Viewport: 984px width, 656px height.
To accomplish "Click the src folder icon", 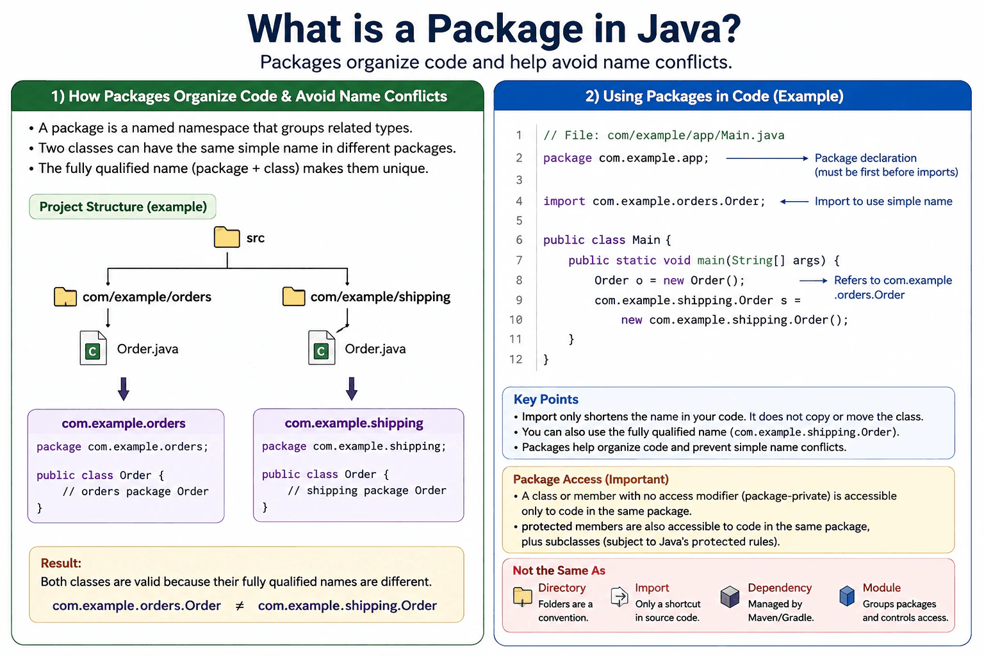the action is (x=227, y=237).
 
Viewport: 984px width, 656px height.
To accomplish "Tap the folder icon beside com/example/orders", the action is (x=65, y=297).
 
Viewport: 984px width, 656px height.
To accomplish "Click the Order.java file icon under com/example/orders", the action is (x=93, y=348).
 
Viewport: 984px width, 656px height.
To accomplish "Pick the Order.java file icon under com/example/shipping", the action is (x=322, y=348).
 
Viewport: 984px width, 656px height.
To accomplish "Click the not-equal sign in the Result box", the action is (x=240, y=606).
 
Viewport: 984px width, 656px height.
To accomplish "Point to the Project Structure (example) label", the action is (x=122, y=206).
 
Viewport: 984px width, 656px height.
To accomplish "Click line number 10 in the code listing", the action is (x=516, y=320).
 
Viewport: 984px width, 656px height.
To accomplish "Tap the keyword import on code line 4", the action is (x=564, y=201).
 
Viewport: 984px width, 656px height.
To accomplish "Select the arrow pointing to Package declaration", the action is (x=767, y=158).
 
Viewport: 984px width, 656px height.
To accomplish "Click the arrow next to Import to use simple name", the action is (x=794, y=202).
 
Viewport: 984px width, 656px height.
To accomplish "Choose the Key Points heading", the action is (x=546, y=399).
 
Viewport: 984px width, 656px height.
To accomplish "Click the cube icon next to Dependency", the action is (x=730, y=596).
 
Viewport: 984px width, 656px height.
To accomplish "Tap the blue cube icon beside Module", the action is (x=847, y=596).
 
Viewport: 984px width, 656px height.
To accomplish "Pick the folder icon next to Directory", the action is (x=522, y=596).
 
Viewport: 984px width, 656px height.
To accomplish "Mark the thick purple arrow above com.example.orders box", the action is (x=124, y=388).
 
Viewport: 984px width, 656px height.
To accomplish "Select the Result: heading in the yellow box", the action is (x=61, y=563).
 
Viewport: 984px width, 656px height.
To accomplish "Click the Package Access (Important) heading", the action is (x=591, y=479).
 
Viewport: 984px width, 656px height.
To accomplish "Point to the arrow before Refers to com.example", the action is (x=814, y=281).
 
